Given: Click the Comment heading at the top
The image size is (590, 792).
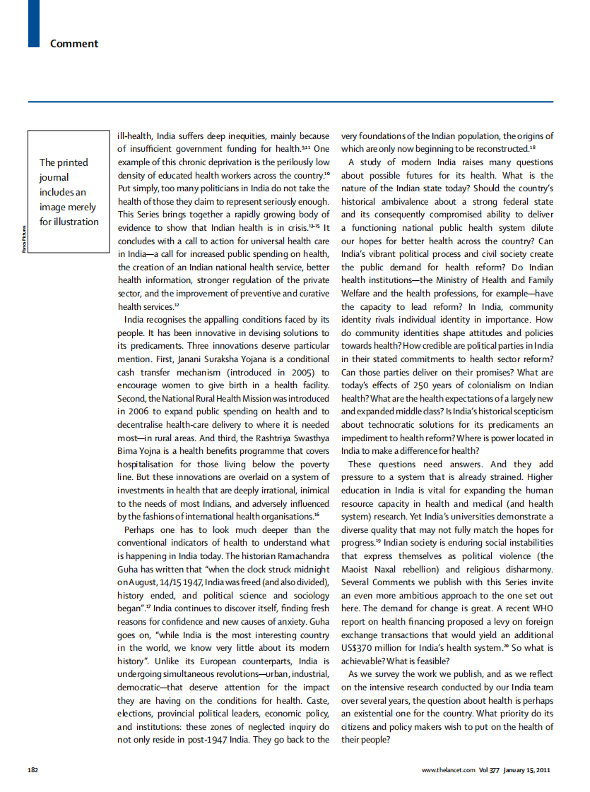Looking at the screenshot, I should tap(73, 44).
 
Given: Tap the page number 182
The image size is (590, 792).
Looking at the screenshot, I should tap(33, 769).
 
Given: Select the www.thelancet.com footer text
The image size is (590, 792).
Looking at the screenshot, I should tap(448, 769).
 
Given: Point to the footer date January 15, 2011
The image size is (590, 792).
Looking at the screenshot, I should tap(526, 769).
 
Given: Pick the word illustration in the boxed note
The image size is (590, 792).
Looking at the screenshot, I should tap(69, 222).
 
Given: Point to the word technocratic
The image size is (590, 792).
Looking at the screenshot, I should tap(409, 425).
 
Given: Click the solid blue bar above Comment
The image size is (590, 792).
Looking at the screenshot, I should tap(34, 24).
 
